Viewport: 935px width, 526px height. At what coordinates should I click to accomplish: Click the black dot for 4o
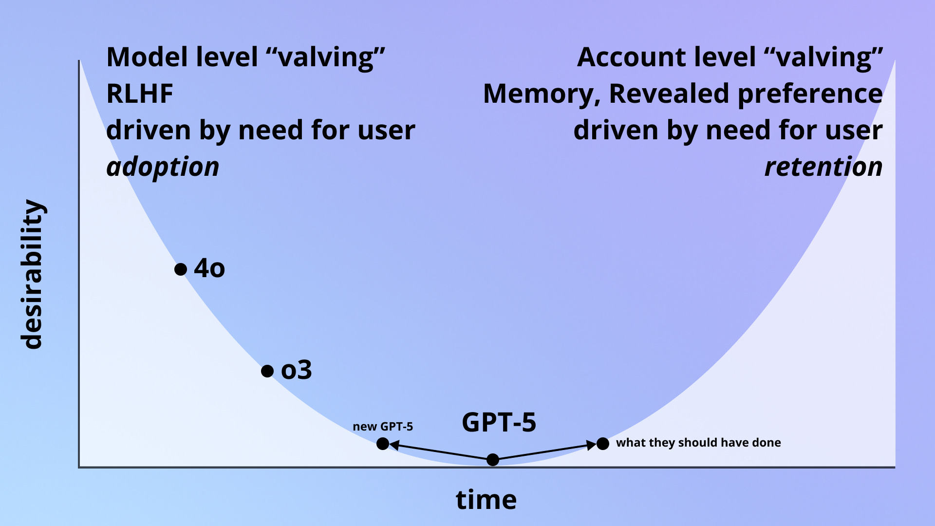pos(181,269)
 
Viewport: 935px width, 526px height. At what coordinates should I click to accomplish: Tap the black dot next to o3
pos(267,371)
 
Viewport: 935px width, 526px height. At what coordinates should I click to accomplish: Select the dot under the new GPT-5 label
pos(383,444)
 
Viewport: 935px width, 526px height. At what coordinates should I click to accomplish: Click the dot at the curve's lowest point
pos(493,459)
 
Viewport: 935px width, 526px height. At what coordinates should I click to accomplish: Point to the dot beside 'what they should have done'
pos(603,444)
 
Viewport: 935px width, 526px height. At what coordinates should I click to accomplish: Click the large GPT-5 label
pos(499,422)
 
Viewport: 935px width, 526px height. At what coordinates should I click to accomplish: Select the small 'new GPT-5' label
pos(383,427)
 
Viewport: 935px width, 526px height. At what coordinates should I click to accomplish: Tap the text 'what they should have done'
pos(698,443)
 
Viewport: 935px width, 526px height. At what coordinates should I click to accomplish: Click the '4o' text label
pos(209,268)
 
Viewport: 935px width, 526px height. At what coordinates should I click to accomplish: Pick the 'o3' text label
pos(296,370)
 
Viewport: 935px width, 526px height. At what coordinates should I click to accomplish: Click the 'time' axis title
pos(486,500)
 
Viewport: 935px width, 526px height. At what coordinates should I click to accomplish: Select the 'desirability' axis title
pos(33,274)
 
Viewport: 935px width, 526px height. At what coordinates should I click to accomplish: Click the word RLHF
pos(140,94)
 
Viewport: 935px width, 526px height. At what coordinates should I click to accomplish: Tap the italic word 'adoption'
pos(163,167)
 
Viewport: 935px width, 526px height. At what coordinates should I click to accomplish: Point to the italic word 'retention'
pos(823,167)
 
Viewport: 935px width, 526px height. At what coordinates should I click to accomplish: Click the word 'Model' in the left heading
pos(147,57)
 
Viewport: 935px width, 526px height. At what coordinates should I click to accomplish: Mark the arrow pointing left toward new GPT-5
pos(438,451)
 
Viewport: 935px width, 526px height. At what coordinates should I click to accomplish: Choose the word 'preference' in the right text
pos(810,94)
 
